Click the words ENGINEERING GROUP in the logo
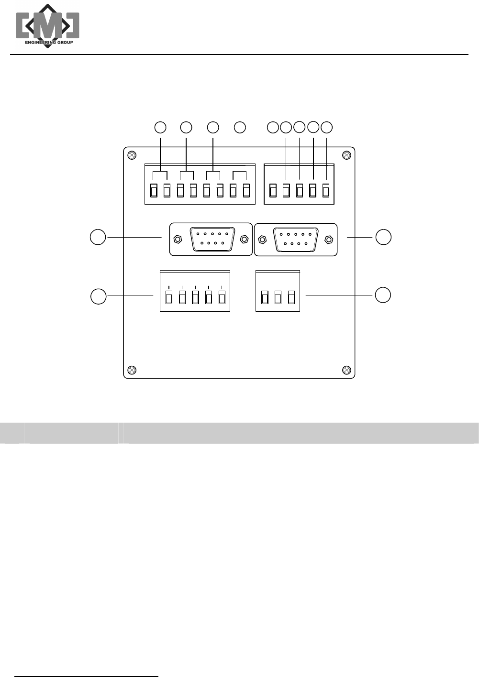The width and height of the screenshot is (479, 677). point(49,43)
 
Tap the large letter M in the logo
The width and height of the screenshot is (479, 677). point(48,26)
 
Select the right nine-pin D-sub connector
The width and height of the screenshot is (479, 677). point(295,239)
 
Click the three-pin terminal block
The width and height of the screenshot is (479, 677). point(278,291)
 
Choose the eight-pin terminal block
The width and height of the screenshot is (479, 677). point(200,185)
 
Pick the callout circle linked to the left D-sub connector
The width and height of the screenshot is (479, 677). point(98,237)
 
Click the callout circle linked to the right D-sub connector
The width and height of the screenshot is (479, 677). point(383,237)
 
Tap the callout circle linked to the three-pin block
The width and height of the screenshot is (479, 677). point(382,295)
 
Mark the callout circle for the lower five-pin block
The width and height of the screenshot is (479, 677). point(99,296)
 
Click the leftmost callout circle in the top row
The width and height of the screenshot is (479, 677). point(160,127)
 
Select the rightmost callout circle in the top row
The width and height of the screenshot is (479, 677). point(326,127)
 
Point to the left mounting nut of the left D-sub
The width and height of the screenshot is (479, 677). point(178,239)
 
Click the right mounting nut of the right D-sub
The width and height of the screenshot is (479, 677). point(329,239)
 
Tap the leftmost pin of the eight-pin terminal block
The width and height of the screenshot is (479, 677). point(154,190)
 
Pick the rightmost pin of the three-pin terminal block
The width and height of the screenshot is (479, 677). point(291,297)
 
